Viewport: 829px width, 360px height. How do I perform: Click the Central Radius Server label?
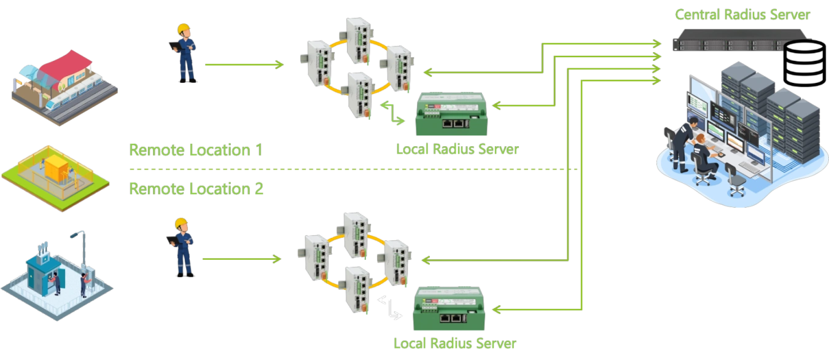coord(742,14)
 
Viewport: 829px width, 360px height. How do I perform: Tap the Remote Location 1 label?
coord(196,150)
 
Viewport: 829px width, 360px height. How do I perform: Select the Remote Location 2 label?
coord(196,189)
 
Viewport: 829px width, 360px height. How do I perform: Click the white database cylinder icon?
coord(805,64)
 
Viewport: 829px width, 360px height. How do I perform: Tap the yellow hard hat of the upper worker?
coord(183,29)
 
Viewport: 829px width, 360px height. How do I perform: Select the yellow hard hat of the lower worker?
coord(180,223)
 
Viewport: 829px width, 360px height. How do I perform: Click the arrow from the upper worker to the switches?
coord(243,64)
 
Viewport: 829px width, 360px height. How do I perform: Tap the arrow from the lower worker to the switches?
coord(241,259)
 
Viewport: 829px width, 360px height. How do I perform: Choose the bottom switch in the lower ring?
coord(357,289)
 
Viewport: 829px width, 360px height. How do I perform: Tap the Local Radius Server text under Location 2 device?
coord(454,343)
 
